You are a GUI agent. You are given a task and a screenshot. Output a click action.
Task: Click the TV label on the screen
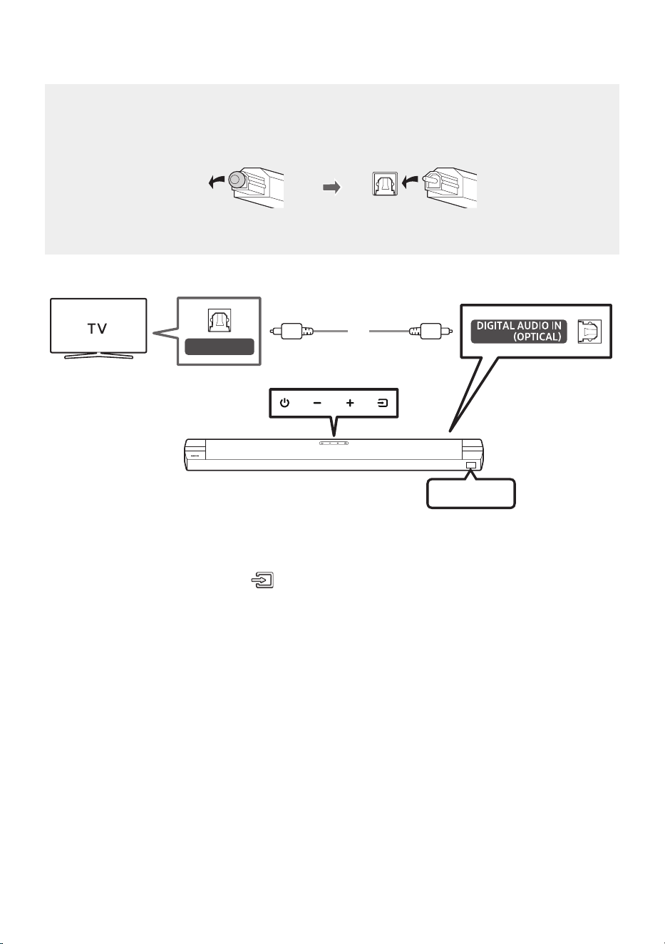pos(98,328)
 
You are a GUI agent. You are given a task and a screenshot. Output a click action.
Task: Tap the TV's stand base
pos(98,356)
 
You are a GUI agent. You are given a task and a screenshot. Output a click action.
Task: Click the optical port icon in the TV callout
pos(219,320)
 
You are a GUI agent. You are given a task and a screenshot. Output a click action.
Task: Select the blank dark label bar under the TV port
pos(219,347)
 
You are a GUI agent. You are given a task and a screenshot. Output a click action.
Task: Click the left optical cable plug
pos(292,331)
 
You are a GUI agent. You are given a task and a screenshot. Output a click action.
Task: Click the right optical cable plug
pos(431,331)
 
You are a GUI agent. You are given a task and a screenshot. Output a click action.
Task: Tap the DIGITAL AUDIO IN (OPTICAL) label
pos(519,332)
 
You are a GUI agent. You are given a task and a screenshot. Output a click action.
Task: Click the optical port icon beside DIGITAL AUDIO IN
pos(589,332)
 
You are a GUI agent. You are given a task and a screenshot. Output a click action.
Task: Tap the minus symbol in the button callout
pos(317,404)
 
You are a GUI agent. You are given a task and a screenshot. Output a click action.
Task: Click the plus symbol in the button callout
pos(350,404)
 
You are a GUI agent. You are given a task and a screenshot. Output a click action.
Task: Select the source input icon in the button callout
pos(382,404)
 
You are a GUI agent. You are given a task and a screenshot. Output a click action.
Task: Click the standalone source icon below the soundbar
pos(262,580)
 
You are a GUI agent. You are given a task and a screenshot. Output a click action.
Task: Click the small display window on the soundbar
pos(471,466)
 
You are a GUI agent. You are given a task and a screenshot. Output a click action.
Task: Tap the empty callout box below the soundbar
pos(471,493)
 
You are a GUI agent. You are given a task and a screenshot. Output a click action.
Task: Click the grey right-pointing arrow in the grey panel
pos(331,188)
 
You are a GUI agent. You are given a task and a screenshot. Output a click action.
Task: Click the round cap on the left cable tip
pos(237,180)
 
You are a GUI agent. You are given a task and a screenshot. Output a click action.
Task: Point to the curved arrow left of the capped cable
pos(217,182)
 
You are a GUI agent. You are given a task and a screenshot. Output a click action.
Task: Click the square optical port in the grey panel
pos(385,183)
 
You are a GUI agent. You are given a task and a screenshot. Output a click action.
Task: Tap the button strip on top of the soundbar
pos(334,443)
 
